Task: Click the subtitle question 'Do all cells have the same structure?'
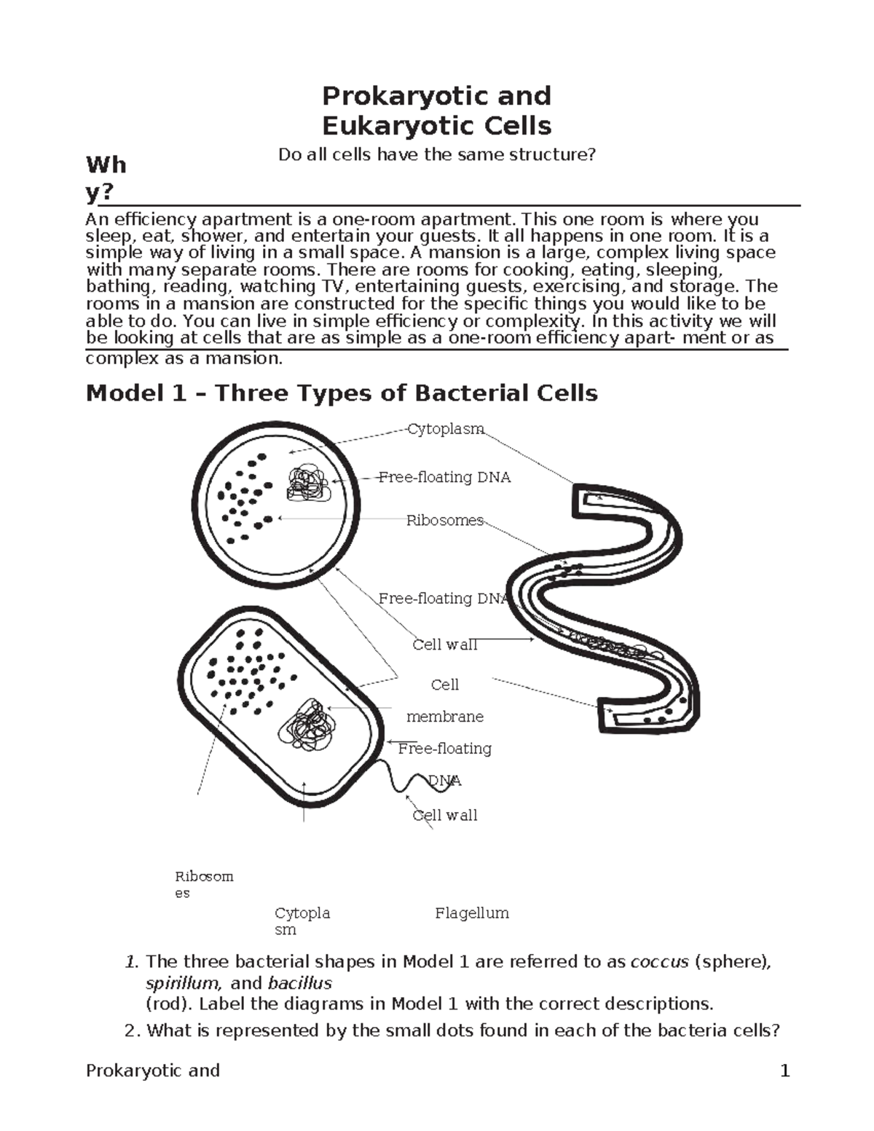[x=437, y=154]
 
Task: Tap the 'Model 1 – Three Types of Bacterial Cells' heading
[x=342, y=393]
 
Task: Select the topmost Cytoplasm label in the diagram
[x=445, y=429]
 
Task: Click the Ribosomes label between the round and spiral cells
[x=444, y=520]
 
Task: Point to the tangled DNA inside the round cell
[x=309, y=484]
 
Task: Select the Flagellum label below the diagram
[x=471, y=913]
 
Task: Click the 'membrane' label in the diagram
[x=444, y=717]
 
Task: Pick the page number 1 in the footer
[x=784, y=1071]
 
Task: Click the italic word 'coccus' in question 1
[x=659, y=962]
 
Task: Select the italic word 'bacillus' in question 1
[x=299, y=983]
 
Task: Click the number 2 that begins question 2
[x=130, y=1030]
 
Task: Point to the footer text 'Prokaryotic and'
[x=152, y=1071]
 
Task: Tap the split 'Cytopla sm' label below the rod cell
[x=302, y=921]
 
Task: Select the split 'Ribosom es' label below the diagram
[x=203, y=884]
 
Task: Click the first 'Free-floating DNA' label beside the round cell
[x=444, y=477]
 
